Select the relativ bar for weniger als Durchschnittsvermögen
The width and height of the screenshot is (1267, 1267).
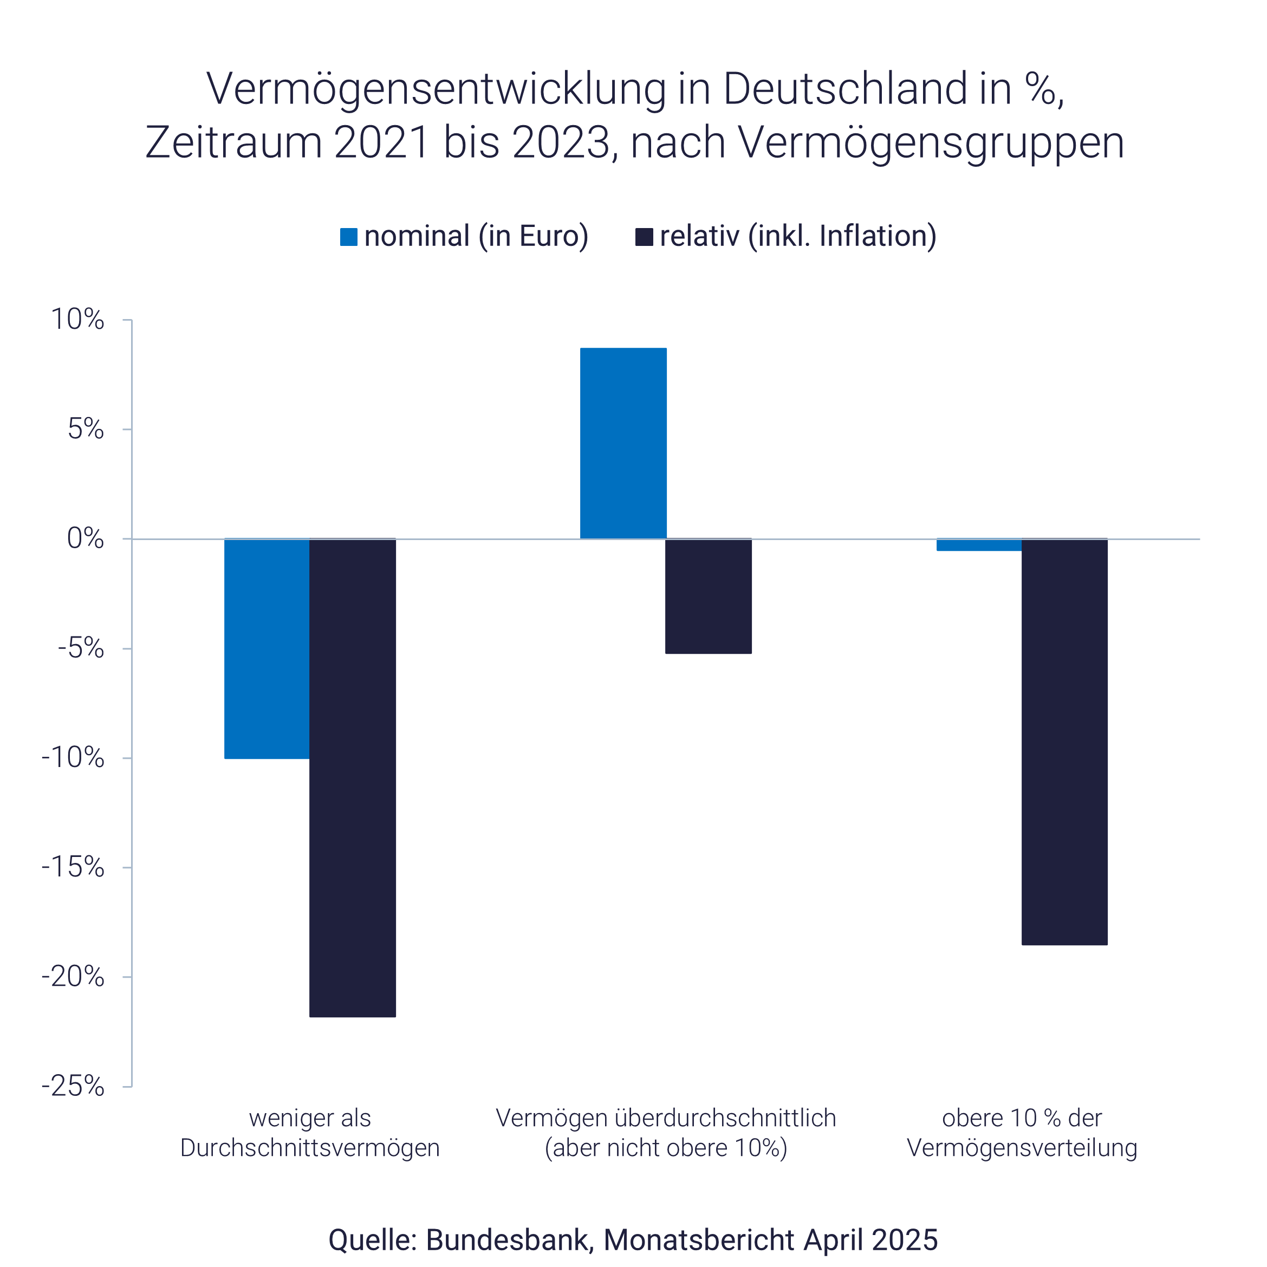352,778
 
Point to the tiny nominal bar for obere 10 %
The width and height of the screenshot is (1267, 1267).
978,545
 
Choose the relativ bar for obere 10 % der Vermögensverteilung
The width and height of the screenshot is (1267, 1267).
1064,742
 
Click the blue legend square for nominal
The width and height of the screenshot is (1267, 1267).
349,237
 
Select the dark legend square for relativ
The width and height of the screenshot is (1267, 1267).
644,237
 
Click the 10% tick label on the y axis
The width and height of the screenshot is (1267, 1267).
77,320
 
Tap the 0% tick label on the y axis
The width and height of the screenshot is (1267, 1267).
85,539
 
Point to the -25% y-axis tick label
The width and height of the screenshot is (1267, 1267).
73,1087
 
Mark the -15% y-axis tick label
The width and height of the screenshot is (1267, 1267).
73,868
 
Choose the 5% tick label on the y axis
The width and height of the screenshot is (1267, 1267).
85,430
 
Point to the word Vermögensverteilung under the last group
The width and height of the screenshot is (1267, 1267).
1022,1148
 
